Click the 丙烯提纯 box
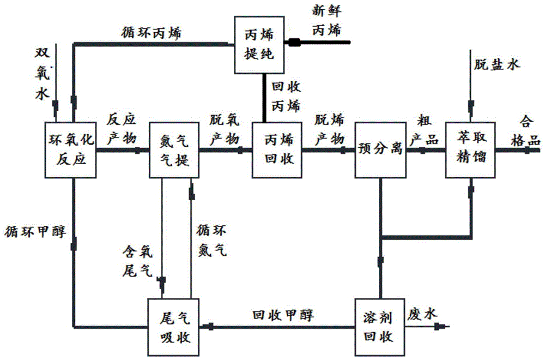259,45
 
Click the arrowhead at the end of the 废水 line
442,327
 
